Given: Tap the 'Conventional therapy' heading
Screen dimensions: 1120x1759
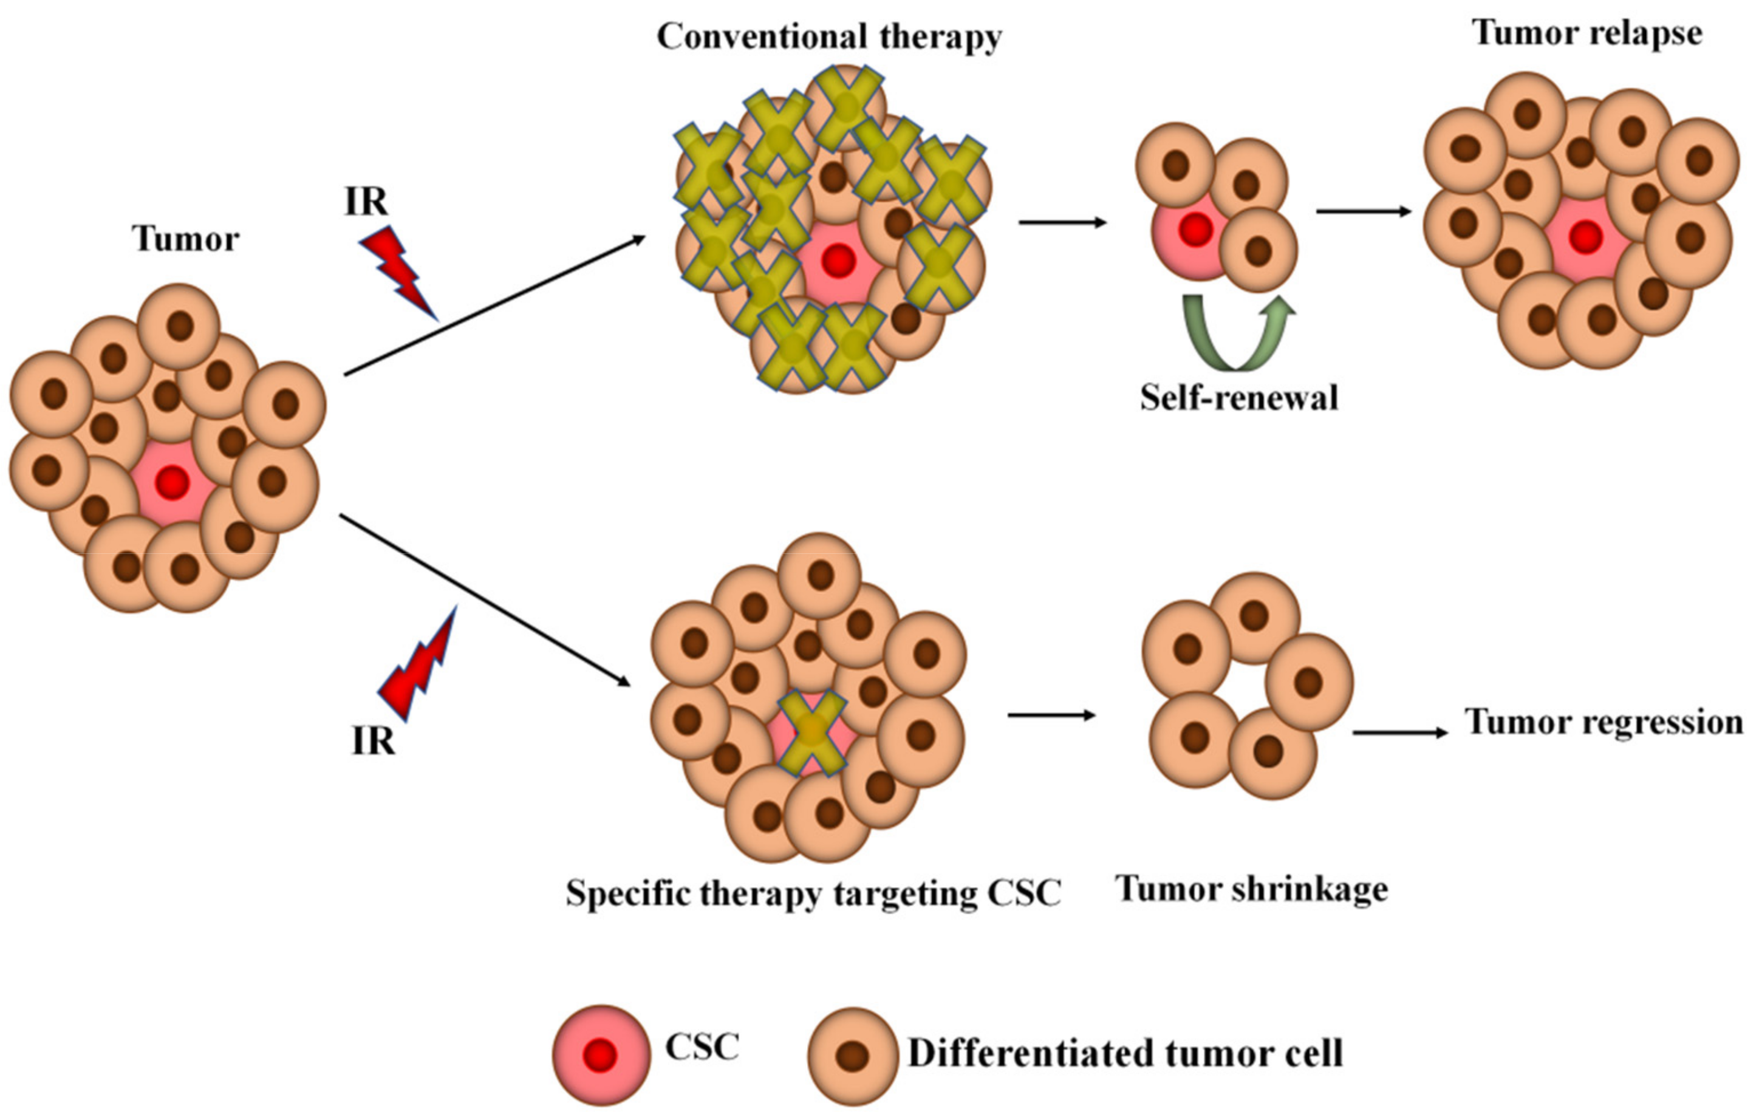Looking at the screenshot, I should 829,36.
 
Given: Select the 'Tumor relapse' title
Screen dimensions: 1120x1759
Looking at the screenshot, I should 1587,33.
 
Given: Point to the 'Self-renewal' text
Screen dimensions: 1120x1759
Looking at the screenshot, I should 1239,398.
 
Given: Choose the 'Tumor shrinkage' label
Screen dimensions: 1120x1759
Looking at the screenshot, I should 1252,890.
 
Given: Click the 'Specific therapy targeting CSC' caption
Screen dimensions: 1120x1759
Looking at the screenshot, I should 813,893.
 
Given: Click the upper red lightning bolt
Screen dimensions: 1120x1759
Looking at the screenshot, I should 398,270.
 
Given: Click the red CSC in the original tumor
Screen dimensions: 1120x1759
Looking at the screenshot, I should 172,482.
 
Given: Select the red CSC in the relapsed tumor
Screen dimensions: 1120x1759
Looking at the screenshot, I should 1585,237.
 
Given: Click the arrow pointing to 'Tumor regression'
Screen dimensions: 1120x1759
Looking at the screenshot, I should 1399,732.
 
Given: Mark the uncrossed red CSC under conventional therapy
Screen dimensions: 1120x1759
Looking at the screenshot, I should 839,261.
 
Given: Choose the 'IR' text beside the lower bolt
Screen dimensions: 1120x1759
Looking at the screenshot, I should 372,742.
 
